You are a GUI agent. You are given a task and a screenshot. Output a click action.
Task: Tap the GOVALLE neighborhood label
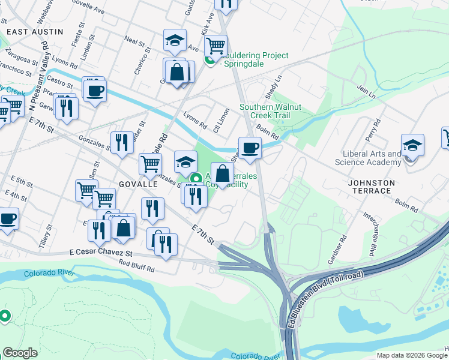click(137, 184)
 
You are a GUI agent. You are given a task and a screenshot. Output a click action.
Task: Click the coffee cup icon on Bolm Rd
click(250, 148)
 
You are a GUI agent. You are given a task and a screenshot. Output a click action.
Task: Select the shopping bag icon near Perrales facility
click(222, 174)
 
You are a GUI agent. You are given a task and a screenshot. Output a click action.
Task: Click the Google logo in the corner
click(20, 353)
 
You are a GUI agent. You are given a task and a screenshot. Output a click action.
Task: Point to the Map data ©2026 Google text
click(412, 355)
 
